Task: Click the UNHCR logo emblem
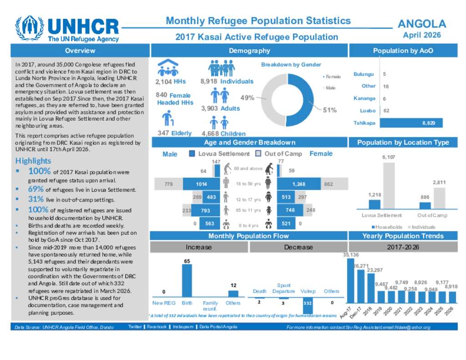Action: [30, 29]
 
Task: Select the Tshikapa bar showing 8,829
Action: [411, 123]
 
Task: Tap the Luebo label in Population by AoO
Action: [367, 111]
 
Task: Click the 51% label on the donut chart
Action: [329, 110]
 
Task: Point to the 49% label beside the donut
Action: [247, 97]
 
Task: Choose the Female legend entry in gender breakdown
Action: [332, 77]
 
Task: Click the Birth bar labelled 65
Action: [187, 281]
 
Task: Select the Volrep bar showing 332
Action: [308, 306]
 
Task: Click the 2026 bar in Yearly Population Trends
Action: [451, 297]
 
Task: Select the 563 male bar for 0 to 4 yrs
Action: [209, 223]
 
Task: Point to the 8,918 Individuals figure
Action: [227, 81]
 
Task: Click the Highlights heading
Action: [33, 161]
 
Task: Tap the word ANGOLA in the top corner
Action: [422, 24]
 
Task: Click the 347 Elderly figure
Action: [175, 133]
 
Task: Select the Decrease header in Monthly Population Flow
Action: [298, 247]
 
